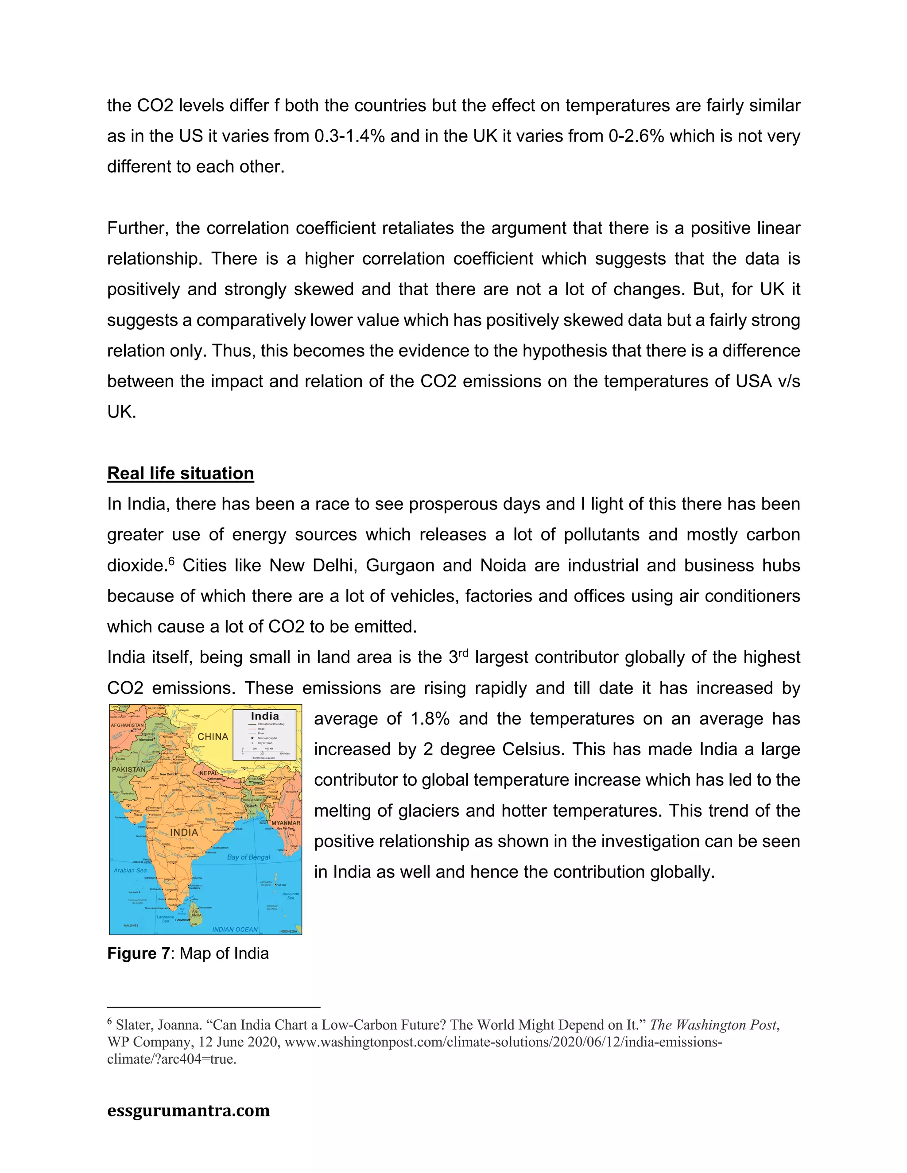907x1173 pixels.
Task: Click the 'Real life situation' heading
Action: click(x=181, y=473)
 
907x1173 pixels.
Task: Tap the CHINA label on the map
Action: click(x=213, y=737)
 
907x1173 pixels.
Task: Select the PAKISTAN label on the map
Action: click(x=128, y=769)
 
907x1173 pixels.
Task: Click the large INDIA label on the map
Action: click(x=184, y=832)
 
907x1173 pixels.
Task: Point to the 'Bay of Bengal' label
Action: click(x=248, y=857)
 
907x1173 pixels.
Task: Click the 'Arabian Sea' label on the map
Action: click(x=130, y=870)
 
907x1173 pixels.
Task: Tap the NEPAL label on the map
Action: click(x=209, y=773)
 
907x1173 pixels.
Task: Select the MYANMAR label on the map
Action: click(x=285, y=823)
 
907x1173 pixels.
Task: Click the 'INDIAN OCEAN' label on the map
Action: click(x=235, y=929)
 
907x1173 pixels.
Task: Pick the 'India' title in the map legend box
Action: click(x=264, y=716)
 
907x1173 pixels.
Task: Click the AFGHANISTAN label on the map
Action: click(x=128, y=725)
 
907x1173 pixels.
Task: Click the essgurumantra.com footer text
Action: click(x=188, y=1110)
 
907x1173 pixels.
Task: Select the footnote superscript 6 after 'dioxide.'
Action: click(x=171, y=561)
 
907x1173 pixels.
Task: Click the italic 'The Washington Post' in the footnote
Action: click(x=713, y=1025)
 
